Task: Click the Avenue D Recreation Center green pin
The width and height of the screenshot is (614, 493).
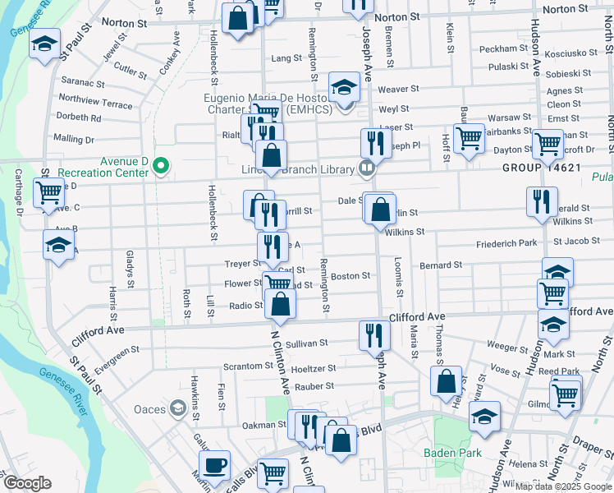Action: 161,167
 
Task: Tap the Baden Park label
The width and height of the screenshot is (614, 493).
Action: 447,453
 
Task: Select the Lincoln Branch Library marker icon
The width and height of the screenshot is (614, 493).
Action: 367,168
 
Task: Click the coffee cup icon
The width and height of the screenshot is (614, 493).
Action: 214,465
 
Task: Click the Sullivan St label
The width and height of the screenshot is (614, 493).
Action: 306,343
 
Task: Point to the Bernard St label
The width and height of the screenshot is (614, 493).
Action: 441,265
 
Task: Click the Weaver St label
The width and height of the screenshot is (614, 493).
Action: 399,89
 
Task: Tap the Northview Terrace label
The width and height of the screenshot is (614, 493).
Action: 95,105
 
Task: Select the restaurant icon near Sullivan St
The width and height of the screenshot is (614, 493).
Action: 371,334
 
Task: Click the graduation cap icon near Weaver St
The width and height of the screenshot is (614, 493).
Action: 344,86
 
